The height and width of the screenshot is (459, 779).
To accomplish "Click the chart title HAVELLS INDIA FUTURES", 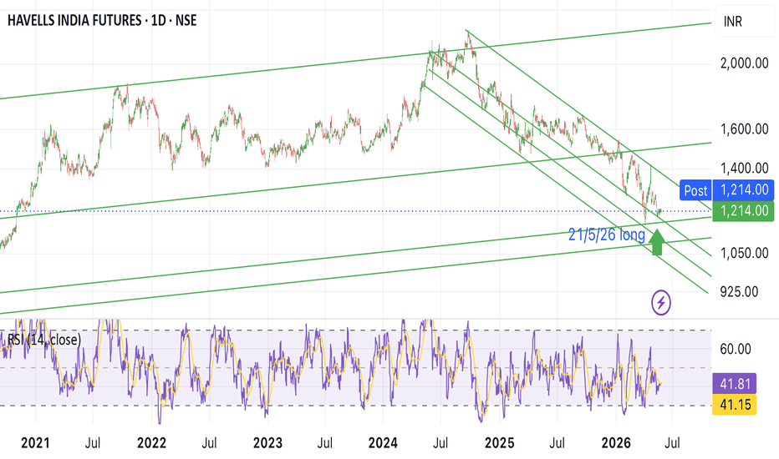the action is click(x=74, y=20).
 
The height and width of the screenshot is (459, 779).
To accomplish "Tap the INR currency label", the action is click(x=732, y=22).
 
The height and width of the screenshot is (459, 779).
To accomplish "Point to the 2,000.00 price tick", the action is click(x=744, y=63).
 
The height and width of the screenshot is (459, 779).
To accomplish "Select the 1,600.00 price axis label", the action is click(x=744, y=129).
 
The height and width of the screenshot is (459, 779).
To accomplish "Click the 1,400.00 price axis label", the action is click(x=744, y=169).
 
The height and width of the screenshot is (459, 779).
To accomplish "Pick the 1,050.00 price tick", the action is click(x=744, y=253).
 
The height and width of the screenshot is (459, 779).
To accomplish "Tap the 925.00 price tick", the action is click(x=739, y=292).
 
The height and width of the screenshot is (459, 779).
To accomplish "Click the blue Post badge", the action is click(x=695, y=190).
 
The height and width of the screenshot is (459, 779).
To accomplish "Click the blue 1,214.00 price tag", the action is click(x=743, y=190).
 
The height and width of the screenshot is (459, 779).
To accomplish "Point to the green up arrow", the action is click(x=657, y=242).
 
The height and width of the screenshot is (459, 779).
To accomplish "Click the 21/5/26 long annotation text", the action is click(x=607, y=235).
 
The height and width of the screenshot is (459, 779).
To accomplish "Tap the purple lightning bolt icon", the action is click(x=661, y=302).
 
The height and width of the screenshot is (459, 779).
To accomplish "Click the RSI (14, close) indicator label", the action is click(x=44, y=340).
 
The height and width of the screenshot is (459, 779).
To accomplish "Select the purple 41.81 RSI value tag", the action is click(x=735, y=384).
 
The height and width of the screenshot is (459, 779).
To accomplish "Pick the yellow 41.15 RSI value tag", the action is click(x=735, y=405).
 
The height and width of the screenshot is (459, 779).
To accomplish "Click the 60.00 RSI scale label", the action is click(x=736, y=349).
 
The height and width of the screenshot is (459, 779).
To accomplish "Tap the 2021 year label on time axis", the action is click(x=35, y=443).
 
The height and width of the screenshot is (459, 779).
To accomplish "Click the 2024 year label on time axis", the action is click(x=383, y=443).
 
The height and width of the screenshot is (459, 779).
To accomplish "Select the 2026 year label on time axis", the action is click(x=616, y=443).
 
